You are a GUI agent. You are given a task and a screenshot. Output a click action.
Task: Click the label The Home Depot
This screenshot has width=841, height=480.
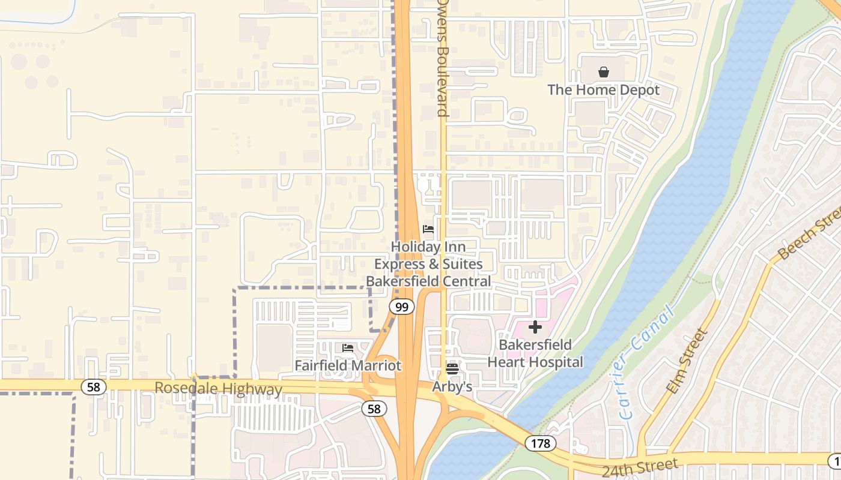tap(603, 90)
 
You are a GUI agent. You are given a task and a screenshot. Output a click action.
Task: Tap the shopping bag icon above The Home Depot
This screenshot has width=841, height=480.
tap(604, 73)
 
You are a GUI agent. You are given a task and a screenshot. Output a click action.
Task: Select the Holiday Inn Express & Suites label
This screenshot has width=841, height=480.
tap(428, 264)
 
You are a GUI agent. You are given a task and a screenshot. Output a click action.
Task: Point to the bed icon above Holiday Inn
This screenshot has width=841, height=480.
tap(428, 229)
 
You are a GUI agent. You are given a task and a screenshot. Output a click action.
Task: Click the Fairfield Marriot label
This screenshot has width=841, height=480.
tap(348, 365)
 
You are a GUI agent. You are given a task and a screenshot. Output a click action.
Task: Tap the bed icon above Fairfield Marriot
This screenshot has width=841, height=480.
tap(348, 348)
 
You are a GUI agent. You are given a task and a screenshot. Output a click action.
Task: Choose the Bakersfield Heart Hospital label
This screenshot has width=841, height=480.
tap(535, 353)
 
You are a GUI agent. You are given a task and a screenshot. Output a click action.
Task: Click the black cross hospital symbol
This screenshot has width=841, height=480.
tap(535, 327)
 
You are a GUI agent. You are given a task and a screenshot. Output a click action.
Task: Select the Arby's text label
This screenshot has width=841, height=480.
tap(452, 387)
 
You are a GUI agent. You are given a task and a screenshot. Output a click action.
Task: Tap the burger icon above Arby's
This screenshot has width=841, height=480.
tap(452, 368)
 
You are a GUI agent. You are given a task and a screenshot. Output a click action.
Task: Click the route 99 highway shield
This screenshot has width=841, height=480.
tap(401, 307)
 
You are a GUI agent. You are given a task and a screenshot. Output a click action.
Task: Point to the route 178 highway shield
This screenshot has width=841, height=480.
tap(540, 443)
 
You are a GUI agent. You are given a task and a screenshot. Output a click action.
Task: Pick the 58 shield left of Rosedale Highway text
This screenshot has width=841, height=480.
tap(93, 387)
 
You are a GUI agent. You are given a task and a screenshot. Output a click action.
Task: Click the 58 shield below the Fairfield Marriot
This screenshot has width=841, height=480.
tap(374, 409)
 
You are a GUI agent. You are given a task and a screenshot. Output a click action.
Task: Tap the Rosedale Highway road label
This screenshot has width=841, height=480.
tap(218, 388)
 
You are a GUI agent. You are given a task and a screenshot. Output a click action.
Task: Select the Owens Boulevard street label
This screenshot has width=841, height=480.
tap(443, 58)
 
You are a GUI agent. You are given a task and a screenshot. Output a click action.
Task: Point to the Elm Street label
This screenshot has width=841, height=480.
tap(687, 361)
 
